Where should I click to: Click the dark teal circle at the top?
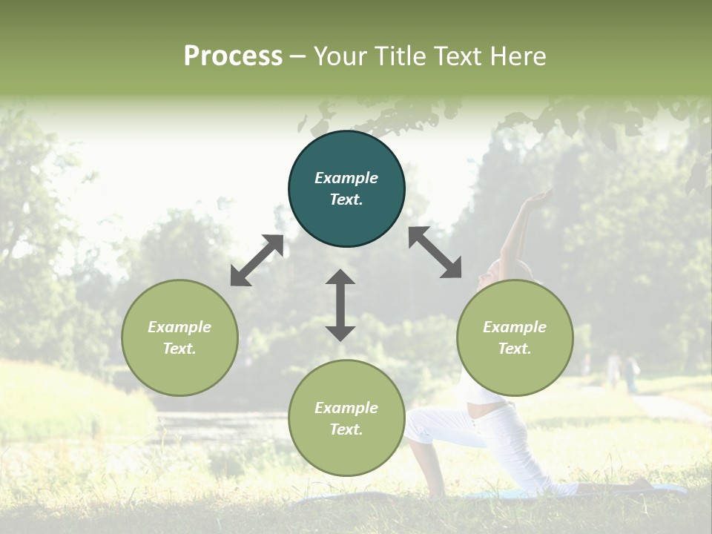point(346,189)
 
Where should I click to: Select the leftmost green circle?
point(179,337)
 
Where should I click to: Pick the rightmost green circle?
point(515,337)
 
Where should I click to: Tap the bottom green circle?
point(346,418)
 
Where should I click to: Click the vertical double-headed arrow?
point(340,305)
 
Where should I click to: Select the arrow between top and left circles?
point(257,260)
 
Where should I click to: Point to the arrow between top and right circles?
point(435,252)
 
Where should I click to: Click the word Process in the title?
point(233,56)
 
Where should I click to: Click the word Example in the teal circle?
point(346,178)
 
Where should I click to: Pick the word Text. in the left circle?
point(179,349)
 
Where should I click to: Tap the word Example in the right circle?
point(515,327)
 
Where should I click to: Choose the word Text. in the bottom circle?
point(346,429)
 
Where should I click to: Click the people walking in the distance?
point(622,370)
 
